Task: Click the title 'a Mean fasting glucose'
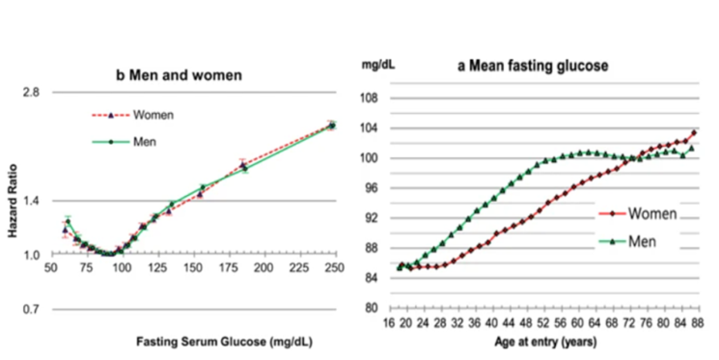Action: tap(526, 67)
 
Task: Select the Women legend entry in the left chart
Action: tap(153, 115)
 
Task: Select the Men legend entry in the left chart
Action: tap(147, 141)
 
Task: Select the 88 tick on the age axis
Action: tap(693, 322)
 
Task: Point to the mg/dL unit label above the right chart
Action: tap(377, 67)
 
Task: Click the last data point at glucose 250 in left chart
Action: tap(332, 125)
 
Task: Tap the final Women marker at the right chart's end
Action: tap(694, 133)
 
